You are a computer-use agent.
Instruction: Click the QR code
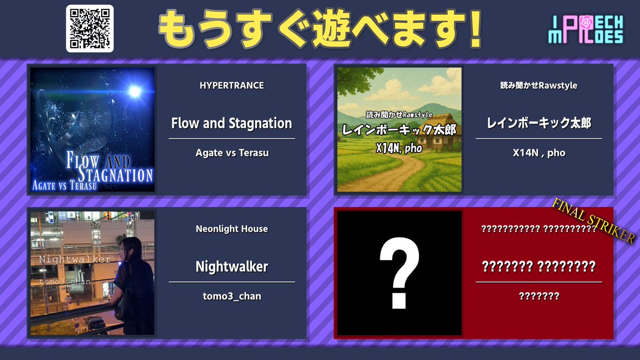(x=90, y=28)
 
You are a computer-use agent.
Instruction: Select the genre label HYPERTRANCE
(x=231, y=85)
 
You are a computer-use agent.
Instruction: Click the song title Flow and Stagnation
(x=231, y=123)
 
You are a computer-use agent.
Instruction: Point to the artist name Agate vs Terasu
(x=231, y=153)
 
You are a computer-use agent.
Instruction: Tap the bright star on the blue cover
(x=134, y=91)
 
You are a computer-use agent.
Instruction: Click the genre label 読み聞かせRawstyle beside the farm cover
(x=539, y=85)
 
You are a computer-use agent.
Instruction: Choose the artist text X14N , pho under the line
(x=539, y=153)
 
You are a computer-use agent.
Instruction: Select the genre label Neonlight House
(x=231, y=229)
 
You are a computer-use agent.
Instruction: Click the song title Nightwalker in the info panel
(x=231, y=266)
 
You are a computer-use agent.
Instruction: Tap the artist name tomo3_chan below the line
(x=231, y=296)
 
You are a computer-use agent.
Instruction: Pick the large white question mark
(x=399, y=273)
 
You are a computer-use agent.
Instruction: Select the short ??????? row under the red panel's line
(x=539, y=296)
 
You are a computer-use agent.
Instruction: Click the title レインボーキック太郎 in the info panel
(x=539, y=123)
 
